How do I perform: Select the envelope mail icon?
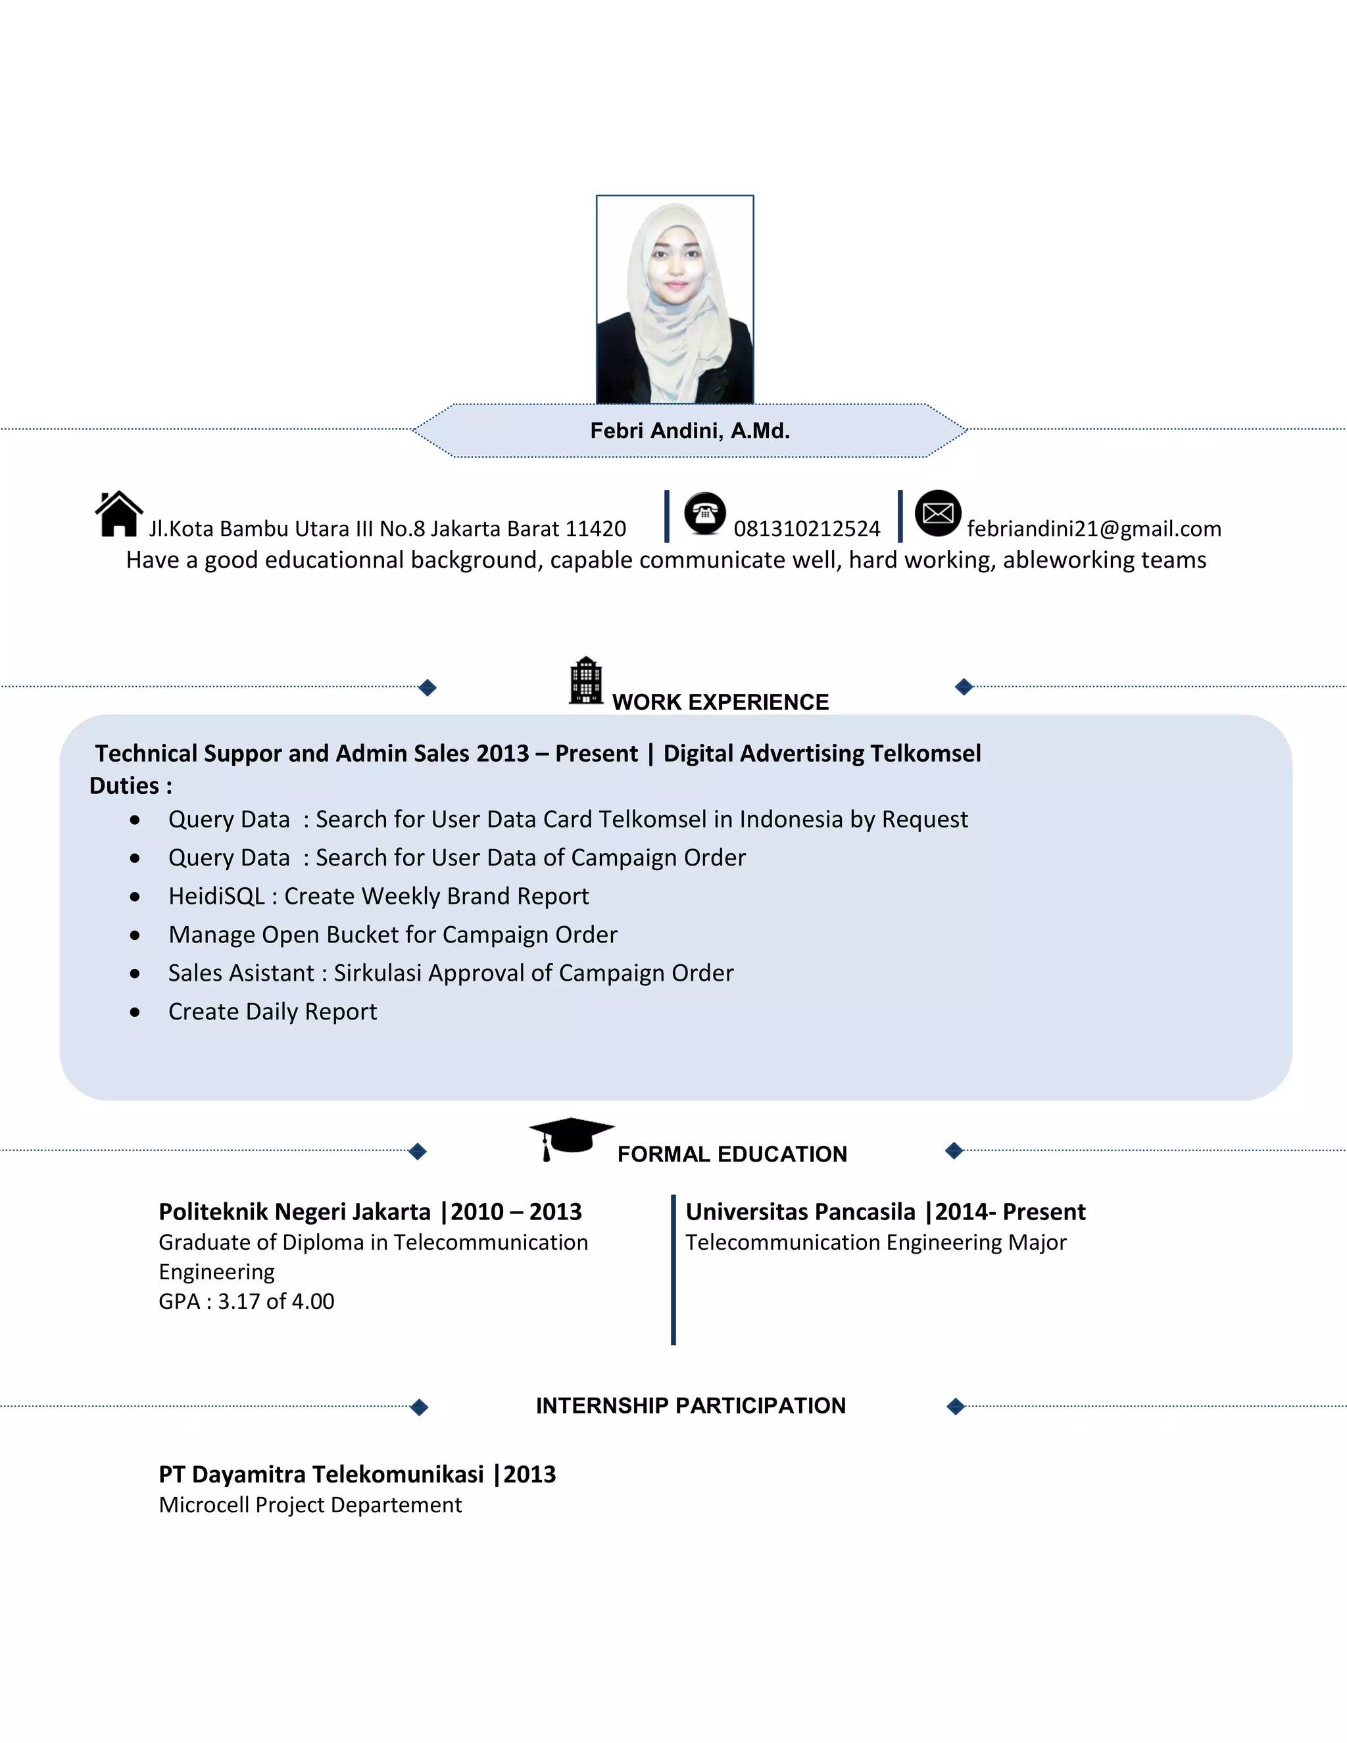point(938,513)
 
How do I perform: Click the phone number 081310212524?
point(807,529)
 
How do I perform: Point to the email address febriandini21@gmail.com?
point(1094,529)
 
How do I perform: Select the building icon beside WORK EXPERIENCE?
point(586,681)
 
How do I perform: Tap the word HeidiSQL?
point(216,896)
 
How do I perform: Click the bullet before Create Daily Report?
point(135,1012)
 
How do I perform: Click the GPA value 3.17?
point(239,1302)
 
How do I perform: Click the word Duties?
point(124,786)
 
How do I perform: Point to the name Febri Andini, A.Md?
point(689,431)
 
